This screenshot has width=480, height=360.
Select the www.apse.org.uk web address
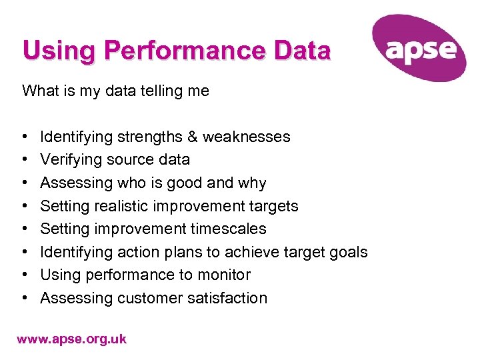[x=71, y=339]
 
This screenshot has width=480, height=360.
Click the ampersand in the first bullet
[x=192, y=137]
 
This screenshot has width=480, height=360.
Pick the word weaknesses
[x=247, y=137]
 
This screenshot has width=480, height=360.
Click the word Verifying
[x=70, y=160]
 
